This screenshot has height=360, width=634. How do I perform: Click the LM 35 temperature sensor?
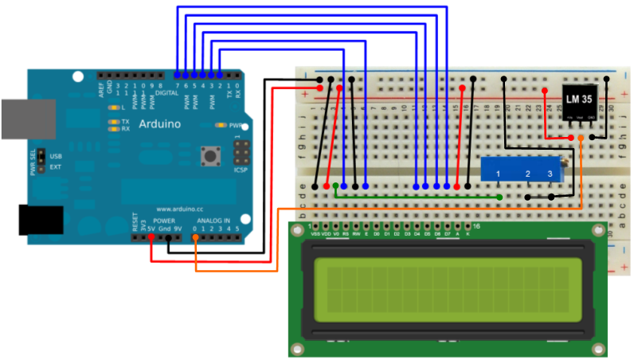(x=581, y=102)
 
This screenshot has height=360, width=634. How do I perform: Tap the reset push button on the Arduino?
(x=212, y=156)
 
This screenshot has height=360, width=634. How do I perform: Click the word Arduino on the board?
(x=160, y=125)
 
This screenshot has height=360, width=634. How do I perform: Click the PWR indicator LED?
(x=221, y=125)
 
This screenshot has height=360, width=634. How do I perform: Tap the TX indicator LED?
(x=113, y=122)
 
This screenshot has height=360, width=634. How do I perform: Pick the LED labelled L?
(x=113, y=106)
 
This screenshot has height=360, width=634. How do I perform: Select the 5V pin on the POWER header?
(x=151, y=237)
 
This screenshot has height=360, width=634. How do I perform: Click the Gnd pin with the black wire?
(x=168, y=237)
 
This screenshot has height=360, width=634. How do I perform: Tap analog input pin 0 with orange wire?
(x=196, y=237)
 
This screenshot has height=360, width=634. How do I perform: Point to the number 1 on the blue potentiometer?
(x=497, y=174)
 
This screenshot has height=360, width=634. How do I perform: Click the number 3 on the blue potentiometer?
(x=550, y=174)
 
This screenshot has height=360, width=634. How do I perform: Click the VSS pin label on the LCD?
(x=317, y=234)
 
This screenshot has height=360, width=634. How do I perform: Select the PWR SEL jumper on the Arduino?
(x=37, y=162)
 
